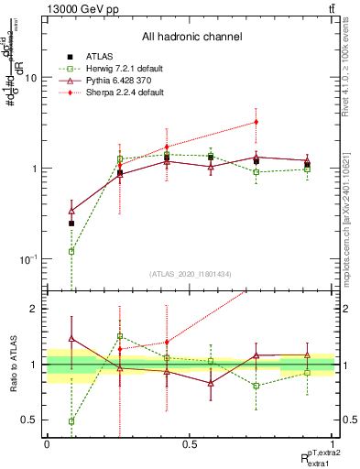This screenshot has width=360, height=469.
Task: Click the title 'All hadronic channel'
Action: pos(191,38)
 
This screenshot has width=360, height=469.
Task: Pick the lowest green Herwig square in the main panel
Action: pos(71,251)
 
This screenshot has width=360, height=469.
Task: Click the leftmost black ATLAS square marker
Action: pos(71,224)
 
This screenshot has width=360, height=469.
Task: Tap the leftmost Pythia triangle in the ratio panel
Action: pos(71,339)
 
